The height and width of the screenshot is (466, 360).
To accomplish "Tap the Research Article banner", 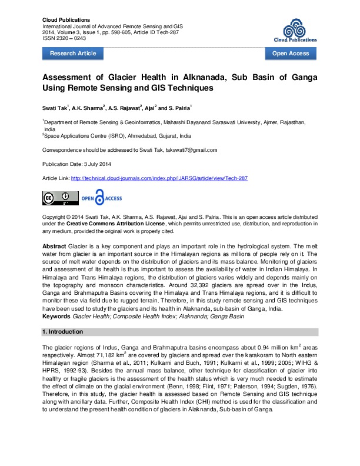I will (x=73, y=54).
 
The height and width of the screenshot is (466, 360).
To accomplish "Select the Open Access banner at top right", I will (x=290, y=54).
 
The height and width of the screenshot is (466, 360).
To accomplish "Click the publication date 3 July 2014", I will (x=95, y=163).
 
